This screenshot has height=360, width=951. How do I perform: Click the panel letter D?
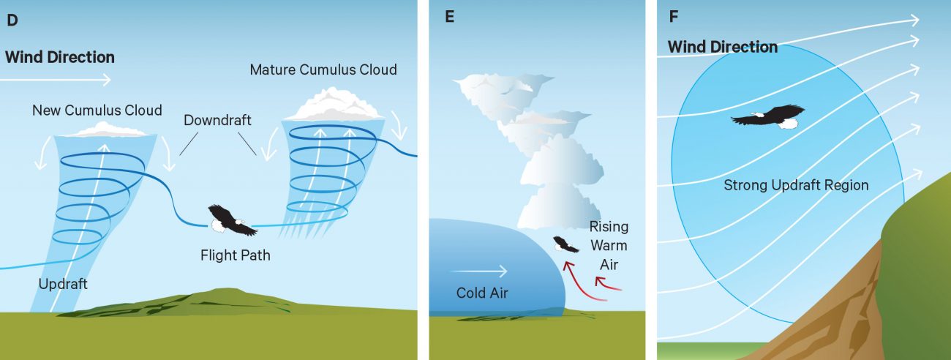coord(12,20)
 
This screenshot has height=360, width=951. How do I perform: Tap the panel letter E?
coord(449,18)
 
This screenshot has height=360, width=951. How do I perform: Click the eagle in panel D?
coord(231,220)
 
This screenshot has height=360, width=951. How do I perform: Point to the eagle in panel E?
coord(565,244)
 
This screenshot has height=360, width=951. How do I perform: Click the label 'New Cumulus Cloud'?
coord(97,110)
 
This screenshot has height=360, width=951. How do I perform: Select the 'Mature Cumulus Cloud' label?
coord(323,70)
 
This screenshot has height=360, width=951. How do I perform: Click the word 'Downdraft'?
coord(217,120)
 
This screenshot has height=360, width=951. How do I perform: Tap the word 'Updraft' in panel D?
coord(64,284)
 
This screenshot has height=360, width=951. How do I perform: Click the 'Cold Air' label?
coord(482,293)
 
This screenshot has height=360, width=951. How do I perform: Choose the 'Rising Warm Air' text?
coord(609,245)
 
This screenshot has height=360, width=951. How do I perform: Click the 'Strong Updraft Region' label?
coord(796,185)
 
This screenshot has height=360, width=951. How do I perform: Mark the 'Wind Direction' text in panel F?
coord(723,47)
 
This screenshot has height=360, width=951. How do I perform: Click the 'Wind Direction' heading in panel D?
coord(60,57)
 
